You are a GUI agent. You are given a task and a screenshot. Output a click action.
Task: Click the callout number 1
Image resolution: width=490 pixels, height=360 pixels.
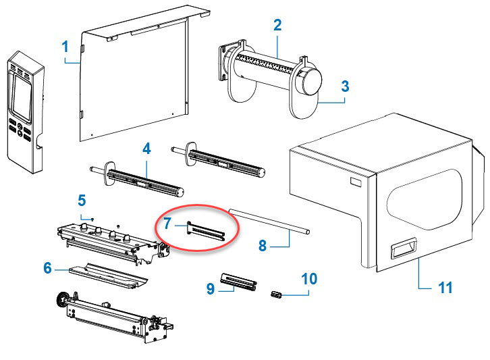65,47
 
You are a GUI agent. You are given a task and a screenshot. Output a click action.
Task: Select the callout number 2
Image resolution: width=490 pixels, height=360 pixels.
277,26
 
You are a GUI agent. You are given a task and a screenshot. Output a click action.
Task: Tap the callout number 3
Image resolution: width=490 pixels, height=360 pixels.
344,86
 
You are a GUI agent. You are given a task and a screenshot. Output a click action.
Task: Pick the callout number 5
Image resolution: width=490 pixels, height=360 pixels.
82,200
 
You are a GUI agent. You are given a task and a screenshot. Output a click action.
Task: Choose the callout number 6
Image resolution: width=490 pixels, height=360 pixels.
48,268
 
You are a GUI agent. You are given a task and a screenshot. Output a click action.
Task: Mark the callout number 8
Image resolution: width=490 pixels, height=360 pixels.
263,246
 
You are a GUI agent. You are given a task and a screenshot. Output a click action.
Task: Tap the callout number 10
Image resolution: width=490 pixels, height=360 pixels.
309,278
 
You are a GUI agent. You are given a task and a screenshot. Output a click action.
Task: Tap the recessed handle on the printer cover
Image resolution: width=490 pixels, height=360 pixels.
403,250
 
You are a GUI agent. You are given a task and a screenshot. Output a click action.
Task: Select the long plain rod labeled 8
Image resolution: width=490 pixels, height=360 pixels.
270,222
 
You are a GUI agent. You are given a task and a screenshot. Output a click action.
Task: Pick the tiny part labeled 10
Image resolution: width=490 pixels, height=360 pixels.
275,294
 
